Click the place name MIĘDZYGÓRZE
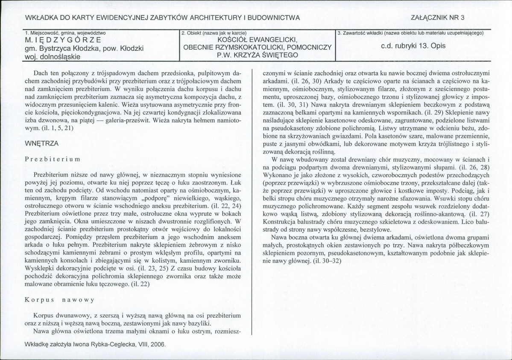tap(63, 41)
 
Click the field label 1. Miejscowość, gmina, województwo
tap(66, 32)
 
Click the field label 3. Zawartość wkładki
tap(410, 32)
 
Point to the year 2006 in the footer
tap(157, 344)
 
